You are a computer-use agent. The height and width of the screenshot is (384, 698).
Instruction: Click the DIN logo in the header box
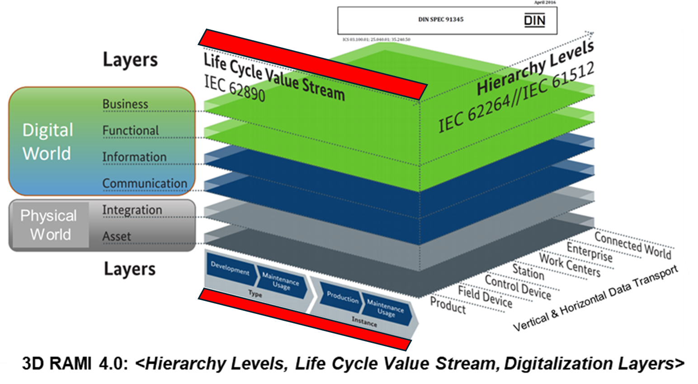[x=534, y=20]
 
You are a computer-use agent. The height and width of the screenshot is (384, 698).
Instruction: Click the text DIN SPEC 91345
[x=440, y=19]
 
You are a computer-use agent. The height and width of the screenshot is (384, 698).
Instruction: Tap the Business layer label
[x=125, y=104]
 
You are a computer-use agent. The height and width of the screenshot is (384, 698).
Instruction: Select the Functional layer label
[x=130, y=130]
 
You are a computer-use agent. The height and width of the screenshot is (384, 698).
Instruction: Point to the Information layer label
[x=134, y=156]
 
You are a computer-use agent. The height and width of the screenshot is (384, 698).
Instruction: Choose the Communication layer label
[x=144, y=183]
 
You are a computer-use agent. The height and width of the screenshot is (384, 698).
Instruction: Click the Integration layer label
[x=132, y=210]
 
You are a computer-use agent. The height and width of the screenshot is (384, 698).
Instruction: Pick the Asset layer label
[x=116, y=236]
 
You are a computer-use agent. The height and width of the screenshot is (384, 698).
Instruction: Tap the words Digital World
[x=47, y=142]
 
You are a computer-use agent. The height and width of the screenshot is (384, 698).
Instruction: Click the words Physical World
[x=49, y=225]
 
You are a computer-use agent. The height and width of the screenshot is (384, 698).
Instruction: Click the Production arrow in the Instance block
[x=342, y=297]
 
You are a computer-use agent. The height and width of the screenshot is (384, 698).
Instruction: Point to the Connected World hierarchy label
[x=632, y=245]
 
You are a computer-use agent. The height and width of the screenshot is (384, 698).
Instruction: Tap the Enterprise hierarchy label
[x=589, y=252]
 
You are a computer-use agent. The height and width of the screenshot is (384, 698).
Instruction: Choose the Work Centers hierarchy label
[x=569, y=265]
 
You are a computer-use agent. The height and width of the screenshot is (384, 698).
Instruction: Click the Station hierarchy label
[x=528, y=271]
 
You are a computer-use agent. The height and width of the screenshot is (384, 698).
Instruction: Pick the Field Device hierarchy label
[x=485, y=297]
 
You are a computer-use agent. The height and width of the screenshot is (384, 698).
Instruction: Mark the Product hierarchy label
[x=448, y=305]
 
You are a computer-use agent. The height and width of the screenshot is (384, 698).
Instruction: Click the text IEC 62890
[x=234, y=88]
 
